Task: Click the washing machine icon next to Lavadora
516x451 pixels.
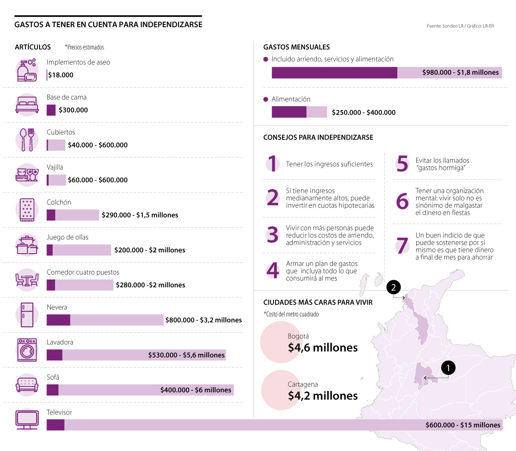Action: pos(27,350)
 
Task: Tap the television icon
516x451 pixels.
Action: pos(27,420)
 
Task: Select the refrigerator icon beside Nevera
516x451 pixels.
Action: pos(27,315)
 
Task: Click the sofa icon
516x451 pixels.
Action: pos(27,384)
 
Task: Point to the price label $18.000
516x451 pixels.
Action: pos(61,75)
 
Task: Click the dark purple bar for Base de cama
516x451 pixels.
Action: pos(51,110)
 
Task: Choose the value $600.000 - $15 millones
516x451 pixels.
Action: pos(463,425)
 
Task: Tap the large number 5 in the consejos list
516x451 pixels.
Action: pos(402,164)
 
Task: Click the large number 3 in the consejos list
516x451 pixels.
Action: pos(273,235)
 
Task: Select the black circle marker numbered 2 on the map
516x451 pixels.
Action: pos(393,287)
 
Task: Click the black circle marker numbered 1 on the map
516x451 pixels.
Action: pos(448,368)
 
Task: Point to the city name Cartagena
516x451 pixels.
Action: pos(303,384)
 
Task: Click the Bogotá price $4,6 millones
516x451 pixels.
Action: pos(323,348)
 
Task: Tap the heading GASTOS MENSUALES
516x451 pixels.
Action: pos(296,47)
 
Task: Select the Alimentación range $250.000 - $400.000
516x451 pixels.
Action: pos(363,113)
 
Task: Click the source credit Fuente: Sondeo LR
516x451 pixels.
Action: pos(445,26)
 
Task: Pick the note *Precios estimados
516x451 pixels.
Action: pos(84,47)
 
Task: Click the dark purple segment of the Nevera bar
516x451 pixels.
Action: pos(58,320)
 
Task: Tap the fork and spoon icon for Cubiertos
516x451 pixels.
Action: pos(27,140)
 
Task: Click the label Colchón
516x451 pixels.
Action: pos(59,202)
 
